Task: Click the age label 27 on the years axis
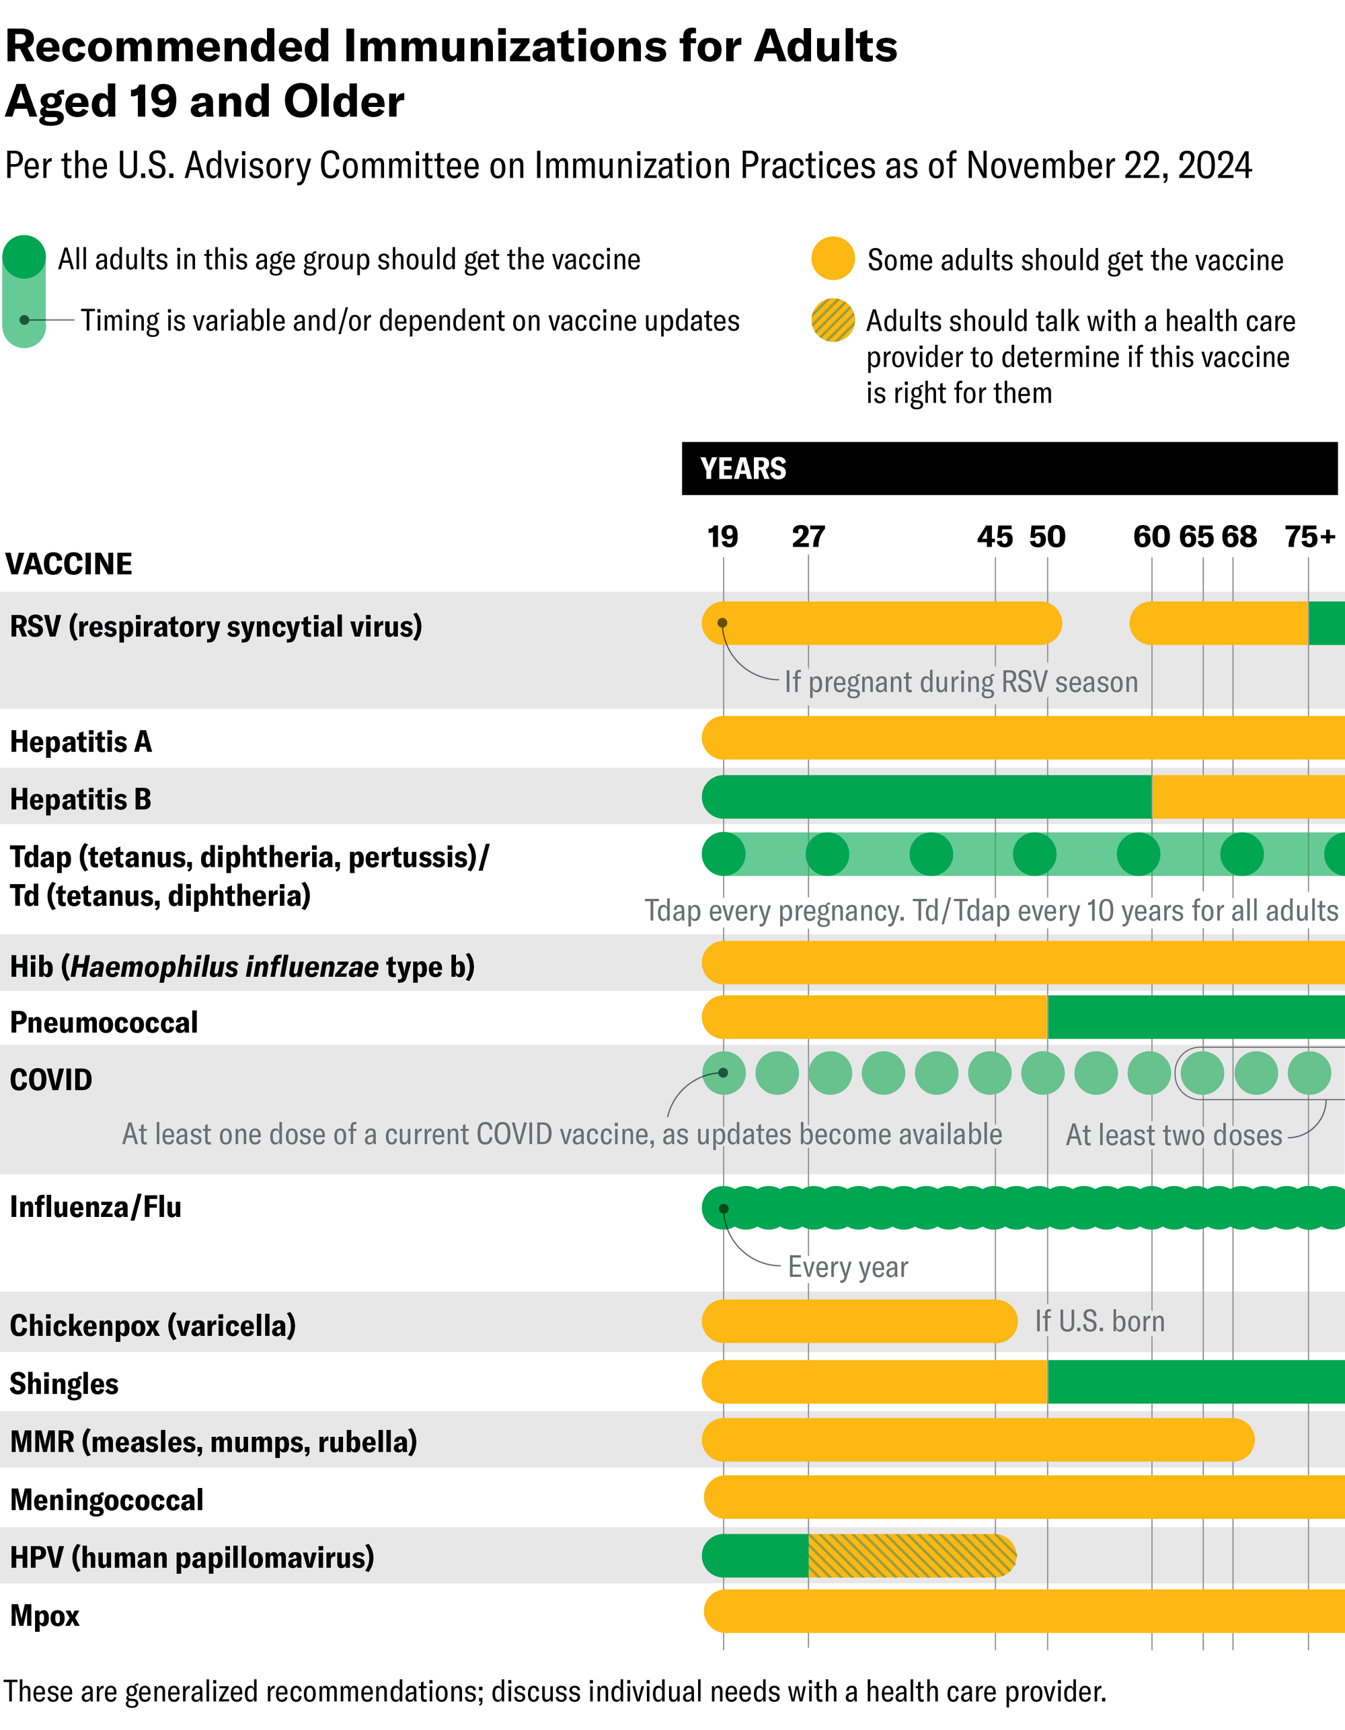coord(808,537)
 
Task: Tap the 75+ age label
coord(1309,537)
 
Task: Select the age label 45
coord(994,537)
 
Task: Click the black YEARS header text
coord(743,469)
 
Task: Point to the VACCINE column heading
coord(69,564)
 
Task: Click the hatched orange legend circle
coord(833,321)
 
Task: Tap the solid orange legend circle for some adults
coord(833,258)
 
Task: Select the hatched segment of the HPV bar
coord(911,1555)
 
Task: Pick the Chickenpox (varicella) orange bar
coord(859,1321)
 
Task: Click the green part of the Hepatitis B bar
coord(927,797)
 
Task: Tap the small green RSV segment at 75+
coord(1327,623)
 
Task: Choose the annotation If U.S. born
coord(1100,1321)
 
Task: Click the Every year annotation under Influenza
coord(847,1267)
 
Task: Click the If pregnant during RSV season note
coord(960,682)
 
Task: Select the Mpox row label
coord(45,1616)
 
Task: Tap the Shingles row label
coord(64,1383)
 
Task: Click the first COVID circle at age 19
coord(723,1073)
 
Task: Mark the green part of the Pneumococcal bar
coord(1196,1017)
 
